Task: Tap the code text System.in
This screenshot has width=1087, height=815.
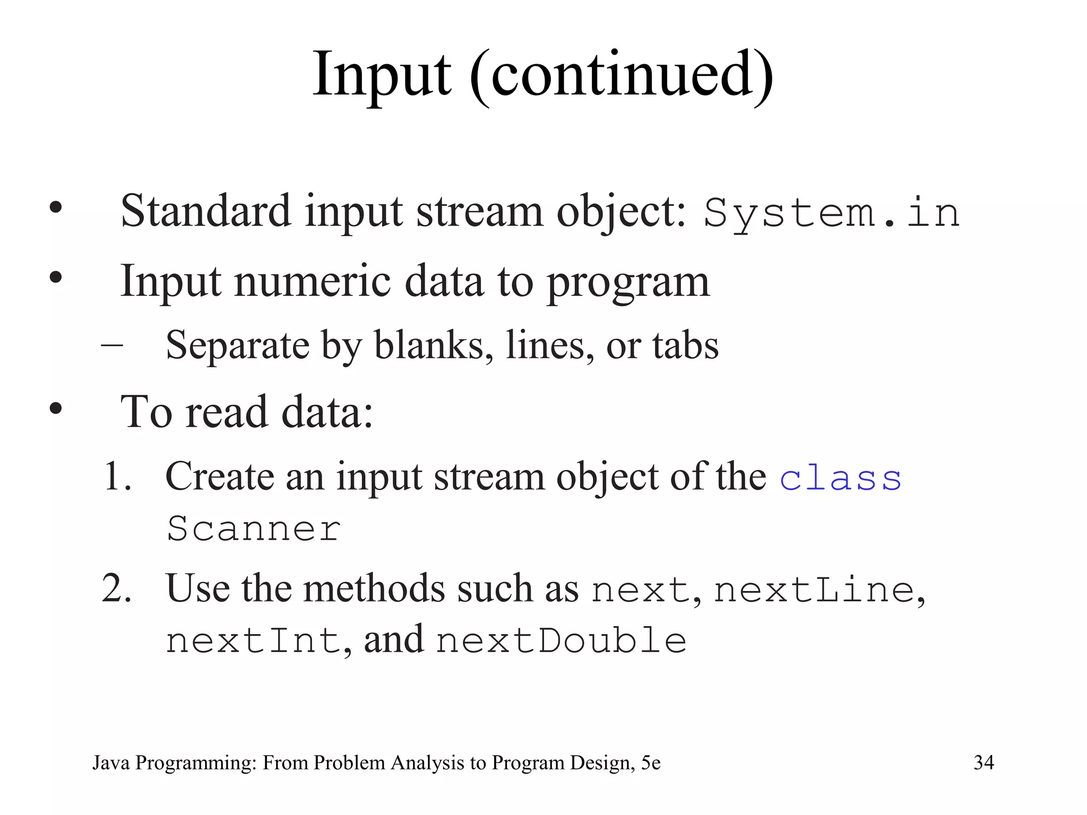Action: [832, 213]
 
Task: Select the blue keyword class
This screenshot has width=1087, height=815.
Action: [840, 478]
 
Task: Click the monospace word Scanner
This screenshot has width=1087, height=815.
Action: [254, 528]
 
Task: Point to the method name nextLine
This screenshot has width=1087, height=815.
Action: [814, 591]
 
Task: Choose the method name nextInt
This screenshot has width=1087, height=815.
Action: [253, 640]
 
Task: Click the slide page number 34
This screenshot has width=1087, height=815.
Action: [984, 762]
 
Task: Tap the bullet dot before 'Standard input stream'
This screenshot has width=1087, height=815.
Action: [55, 207]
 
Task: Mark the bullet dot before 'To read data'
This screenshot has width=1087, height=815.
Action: [55, 409]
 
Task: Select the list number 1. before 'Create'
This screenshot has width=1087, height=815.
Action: [117, 476]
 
